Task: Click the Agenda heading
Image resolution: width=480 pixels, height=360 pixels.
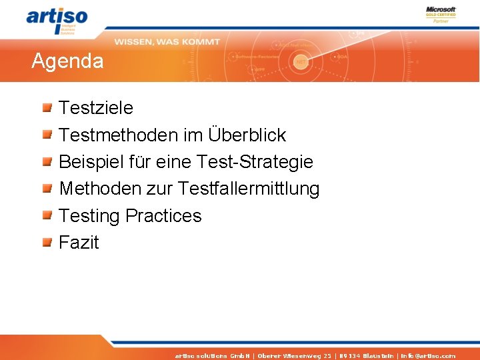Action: (x=67, y=62)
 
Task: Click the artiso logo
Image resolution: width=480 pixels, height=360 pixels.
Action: (x=56, y=19)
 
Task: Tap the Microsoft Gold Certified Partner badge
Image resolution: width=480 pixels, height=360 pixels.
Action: (x=441, y=15)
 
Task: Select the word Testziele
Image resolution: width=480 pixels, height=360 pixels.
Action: (x=96, y=108)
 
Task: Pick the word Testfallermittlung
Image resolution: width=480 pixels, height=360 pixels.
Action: (x=249, y=189)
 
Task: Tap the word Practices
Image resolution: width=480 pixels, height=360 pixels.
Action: (x=163, y=216)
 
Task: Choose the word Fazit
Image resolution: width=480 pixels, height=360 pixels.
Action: (x=79, y=243)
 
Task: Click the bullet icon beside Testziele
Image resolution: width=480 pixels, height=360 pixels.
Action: (x=47, y=107)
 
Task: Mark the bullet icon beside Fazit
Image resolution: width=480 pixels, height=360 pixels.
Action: (x=47, y=243)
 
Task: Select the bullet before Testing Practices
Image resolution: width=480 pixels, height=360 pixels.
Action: (x=47, y=215)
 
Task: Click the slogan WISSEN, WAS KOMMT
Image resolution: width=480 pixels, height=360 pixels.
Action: (x=167, y=42)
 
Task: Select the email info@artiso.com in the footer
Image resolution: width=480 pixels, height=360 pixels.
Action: (x=428, y=356)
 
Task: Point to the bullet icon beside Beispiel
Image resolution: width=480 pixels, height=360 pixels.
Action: (x=47, y=161)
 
